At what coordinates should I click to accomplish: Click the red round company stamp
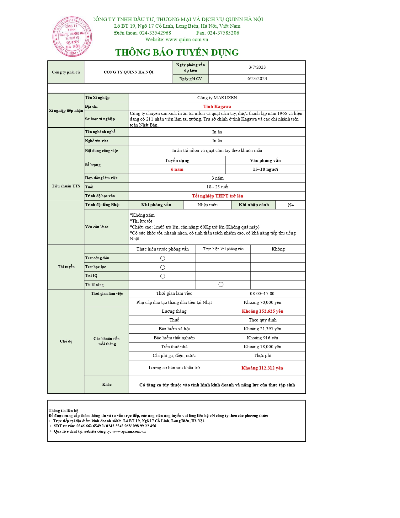coord(72,37)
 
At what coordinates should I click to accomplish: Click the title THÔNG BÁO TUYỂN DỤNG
coord(177,52)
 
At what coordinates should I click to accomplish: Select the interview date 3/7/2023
coord(257,67)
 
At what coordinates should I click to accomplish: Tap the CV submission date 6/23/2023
coord(257,78)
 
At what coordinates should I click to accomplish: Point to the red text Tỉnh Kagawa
coord(217,106)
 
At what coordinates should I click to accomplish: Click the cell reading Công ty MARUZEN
coord(217,98)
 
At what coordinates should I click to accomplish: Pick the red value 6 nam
coord(177,169)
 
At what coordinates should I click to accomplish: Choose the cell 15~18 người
coord(265,169)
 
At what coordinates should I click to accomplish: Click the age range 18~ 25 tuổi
coord(217,187)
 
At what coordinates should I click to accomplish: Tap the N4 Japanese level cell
coord(291,205)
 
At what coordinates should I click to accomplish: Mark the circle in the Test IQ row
coord(163,276)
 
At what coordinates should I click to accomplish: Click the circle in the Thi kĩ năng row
coord(221,284)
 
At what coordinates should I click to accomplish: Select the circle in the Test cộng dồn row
coord(163,258)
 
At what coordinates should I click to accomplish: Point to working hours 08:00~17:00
coord(262,294)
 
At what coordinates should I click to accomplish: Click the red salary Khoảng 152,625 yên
coord(262,311)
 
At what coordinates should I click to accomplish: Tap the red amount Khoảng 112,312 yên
coord(262,368)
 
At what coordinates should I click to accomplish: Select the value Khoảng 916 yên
coord(262,338)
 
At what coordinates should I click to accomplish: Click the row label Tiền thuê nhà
coord(174,347)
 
